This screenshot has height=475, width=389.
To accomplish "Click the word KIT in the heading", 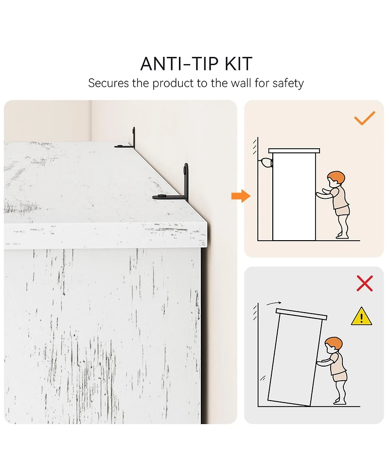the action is [238, 64].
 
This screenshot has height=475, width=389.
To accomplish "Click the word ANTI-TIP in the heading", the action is [179, 64].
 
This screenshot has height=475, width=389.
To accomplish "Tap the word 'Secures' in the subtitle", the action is [108, 83].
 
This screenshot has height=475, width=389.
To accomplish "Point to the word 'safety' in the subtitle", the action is [288, 84].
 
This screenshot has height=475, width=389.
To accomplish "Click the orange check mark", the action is [365, 118].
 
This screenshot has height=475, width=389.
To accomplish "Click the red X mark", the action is [365, 283].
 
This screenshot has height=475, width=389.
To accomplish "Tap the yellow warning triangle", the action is [361, 317].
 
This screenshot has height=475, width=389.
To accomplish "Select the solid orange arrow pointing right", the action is [241, 196].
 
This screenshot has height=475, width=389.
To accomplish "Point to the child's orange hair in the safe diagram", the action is [336, 177].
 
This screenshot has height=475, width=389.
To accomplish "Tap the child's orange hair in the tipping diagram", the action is [334, 343].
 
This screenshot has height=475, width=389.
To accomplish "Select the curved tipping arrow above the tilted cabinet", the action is [274, 303].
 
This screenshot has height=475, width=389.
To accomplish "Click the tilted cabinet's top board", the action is [301, 314].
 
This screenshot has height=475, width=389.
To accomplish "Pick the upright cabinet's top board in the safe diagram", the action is [294, 151].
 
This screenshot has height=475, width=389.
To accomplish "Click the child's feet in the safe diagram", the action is [343, 235].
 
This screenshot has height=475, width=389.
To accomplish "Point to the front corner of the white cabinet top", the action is [207, 224].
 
